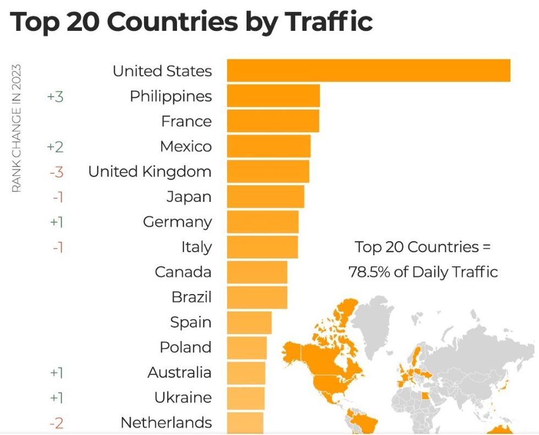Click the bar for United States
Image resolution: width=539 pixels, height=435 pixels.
(x=369, y=70)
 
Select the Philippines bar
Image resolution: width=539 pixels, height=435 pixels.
(x=273, y=96)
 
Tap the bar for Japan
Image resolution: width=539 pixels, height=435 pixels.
(x=265, y=196)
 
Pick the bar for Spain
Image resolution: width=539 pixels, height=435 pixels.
(x=249, y=322)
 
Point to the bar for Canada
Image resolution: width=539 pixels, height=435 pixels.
(x=257, y=272)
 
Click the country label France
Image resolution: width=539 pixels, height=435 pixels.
(x=186, y=121)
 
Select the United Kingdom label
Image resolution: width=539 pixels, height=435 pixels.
(x=150, y=172)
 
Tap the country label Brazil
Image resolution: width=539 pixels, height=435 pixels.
(x=191, y=298)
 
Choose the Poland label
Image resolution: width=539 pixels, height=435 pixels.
(x=185, y=348)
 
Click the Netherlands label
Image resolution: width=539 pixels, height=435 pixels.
(x=166, y=422)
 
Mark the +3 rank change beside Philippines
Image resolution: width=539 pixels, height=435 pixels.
(x=55, y=96)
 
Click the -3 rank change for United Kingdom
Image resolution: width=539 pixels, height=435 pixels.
(x=56, y=172)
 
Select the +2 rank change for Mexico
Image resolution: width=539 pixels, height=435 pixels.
(x=55, y=147)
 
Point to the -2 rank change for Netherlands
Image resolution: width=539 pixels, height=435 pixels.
(x=56, y=423)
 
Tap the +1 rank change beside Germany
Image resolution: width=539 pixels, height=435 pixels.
(x=56, y=222)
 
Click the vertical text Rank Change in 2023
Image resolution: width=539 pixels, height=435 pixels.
(x=16, y=128)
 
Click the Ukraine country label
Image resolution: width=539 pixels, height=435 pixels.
(x=183, y=397)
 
